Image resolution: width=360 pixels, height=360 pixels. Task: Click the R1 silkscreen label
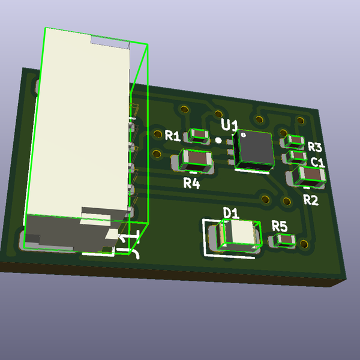point(173,136)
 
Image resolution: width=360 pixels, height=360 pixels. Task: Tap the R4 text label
point(191,183)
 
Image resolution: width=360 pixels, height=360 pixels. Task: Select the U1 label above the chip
point(230,125)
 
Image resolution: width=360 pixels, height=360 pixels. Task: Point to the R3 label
point(315,147)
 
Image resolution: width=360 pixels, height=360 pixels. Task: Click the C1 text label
point(318,162)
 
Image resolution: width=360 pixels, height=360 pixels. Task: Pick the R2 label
point(310,200)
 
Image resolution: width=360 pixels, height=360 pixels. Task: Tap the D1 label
point(231,212)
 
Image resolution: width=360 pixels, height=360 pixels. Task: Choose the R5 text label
point(280,226)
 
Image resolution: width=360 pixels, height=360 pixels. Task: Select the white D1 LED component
point(240,234)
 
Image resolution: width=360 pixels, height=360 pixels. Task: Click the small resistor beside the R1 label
point(197,135)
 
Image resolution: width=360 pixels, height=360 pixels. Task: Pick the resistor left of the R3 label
point(295,142)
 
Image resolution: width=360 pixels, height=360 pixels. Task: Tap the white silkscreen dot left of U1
point(219,140)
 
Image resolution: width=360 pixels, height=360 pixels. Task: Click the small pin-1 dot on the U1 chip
point(243,135)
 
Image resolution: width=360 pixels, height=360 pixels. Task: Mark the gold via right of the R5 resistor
point(304,244)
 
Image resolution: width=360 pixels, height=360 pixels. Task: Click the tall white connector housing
point(81,132)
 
